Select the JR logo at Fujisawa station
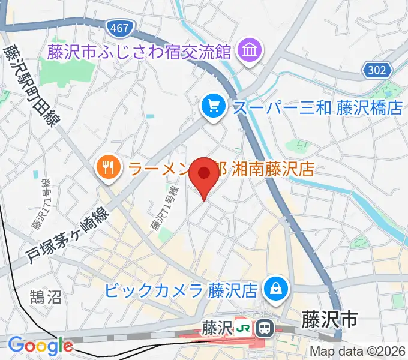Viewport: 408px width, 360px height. pos(243,328)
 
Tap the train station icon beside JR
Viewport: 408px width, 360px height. pos(263,328)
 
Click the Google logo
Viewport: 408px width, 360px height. pos(40,346)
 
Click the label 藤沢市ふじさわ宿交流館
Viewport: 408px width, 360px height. pos(140,52)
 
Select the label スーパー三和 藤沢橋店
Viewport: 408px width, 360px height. pos(317,108)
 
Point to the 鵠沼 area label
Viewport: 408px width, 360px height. pos(45,296)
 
